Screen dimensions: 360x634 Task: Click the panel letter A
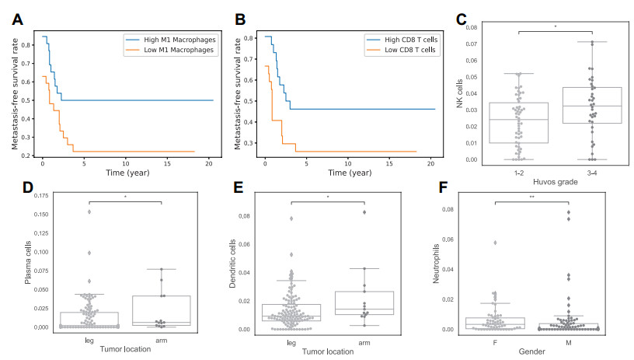click(x=16, y=18)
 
